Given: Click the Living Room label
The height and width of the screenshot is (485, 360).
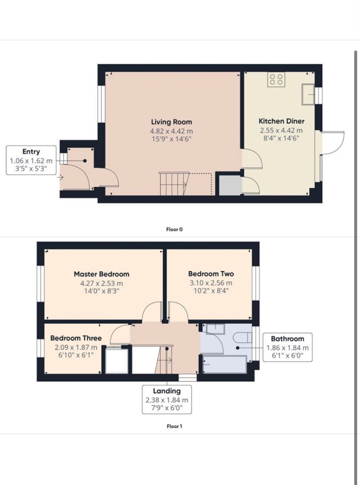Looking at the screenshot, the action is pos(171,122).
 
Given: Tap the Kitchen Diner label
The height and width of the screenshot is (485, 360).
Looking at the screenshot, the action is pos(281,121).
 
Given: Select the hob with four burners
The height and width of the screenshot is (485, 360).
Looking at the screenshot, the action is pos(276,79).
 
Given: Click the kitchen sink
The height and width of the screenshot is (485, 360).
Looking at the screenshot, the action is pos(308,94).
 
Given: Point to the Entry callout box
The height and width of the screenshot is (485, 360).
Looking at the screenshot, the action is pos(31,160).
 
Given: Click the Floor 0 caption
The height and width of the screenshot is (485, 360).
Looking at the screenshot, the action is pos(174,229).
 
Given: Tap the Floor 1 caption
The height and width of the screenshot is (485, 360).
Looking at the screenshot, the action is pos(174,426).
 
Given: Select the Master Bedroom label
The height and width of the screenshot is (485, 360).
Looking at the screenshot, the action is pos(102,274).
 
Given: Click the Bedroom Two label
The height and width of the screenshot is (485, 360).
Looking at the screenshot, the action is pos(211,274).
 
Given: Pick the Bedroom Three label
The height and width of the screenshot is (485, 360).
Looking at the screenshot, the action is pos(76,338).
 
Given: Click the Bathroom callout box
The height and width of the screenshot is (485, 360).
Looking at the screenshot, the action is pos(288,348).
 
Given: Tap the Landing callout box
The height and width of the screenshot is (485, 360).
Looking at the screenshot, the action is pos(167,400).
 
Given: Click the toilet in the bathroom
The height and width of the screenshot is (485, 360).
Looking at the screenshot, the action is pos(244,338).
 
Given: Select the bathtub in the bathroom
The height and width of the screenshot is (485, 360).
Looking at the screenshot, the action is pos(224,365).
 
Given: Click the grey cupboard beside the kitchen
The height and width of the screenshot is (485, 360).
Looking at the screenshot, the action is pos(230,185).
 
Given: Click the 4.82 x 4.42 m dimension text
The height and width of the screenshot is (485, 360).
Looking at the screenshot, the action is pos(171,131).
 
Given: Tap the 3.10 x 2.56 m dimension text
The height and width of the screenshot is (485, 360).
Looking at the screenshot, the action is pos(211,283).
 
